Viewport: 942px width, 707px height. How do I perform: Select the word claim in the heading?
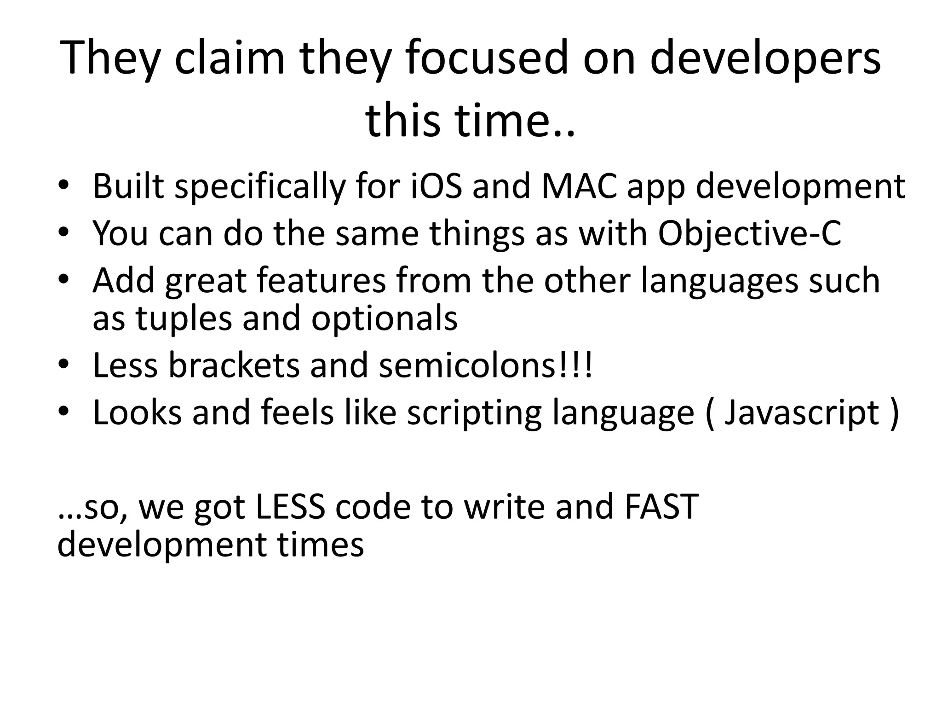click(230, 58)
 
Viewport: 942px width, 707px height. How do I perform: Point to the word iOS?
click(436, 186)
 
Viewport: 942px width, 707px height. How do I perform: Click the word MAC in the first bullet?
click(579, 186)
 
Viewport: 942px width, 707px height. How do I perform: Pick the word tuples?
click(184, 319)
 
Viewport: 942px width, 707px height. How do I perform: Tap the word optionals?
click(384, 319)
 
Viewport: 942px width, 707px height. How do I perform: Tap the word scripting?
click(474, 413)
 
